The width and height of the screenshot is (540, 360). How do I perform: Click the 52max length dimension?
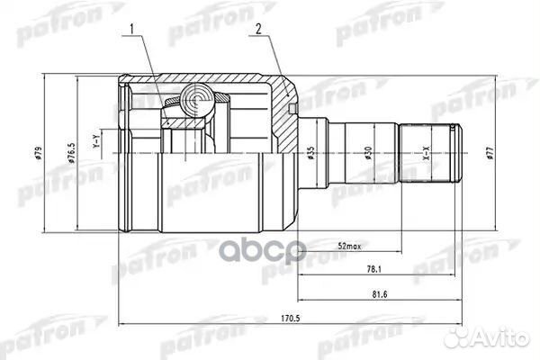click(x=349, y=247)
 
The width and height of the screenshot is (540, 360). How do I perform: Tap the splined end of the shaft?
click(x=431, y=152)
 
